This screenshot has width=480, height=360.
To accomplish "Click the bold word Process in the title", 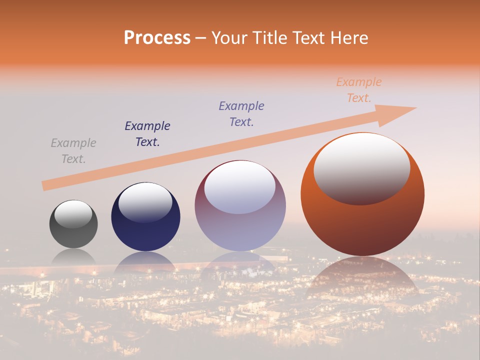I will pyautogui.click(x=157, y=38).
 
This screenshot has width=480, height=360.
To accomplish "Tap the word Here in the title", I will pyautogui.click(x=349, y=38).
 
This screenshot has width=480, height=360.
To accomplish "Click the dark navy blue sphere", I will pyautogui.click(x=145, y=232).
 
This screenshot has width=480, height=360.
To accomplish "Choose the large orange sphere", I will pyautogui.click(x=362, y=225).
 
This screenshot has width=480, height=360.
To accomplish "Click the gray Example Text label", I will pyautogui.click(x=73, y=151).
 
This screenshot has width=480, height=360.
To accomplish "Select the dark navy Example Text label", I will pyautogui.click(x=147, y=133).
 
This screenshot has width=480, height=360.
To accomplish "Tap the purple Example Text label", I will pyautogui.click(x=241, y=113).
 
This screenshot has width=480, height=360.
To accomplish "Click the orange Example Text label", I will pyautogui.click(x=359, y=90).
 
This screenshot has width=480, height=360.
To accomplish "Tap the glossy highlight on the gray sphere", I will pyautogui.click(x=73, y=214).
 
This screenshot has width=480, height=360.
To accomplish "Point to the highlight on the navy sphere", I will pyautogui.click(x=145, y=202).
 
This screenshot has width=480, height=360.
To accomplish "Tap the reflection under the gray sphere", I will pyautogui.click(x=73, y=255).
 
